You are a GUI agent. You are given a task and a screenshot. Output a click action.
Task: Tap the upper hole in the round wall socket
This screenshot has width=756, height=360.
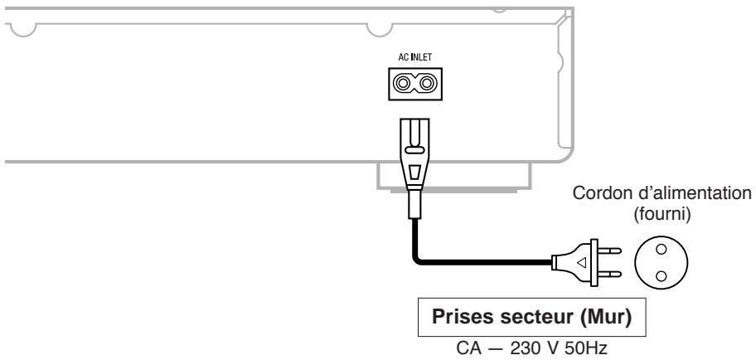point(661,251)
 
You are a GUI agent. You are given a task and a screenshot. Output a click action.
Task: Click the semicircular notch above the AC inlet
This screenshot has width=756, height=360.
point(378,27)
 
